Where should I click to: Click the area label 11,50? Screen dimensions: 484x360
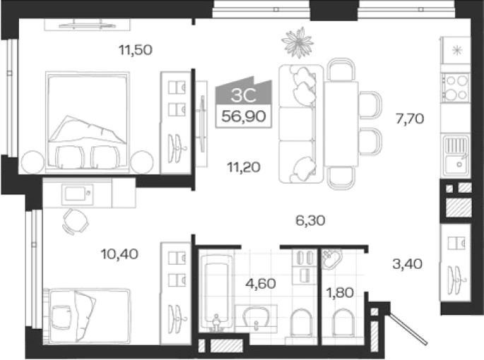[x=136, y=50]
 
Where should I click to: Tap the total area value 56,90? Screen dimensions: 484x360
[x=244, y=116]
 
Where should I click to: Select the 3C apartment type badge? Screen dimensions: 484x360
[x=244, y=95]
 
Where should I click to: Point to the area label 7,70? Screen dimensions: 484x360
[x=410, y=119]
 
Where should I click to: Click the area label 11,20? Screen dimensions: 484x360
[x=244, y=167]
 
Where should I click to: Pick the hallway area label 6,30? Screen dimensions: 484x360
[x=310, y=220]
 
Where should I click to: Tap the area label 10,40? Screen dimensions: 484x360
[x=119, y=254]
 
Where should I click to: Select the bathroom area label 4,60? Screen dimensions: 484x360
[x=261, y=284]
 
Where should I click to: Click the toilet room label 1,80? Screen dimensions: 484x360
[x=340, y=292]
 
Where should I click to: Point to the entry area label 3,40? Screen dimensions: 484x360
[x=407, y=264]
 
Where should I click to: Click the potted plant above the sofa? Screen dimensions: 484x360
[x=297, y=42]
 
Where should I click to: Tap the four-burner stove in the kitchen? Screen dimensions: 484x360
[x=456, y=88]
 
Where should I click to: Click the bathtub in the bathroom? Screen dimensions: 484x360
[x=216, y=292]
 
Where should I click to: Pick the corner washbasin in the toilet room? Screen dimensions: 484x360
[x=332, y=259]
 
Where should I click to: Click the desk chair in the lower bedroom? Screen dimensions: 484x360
[x=75, y=221]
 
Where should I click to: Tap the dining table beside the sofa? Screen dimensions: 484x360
[x=341, y=124]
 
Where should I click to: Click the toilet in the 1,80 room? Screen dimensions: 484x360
[x=343, y=323]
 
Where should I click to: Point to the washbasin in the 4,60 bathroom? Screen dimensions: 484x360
[x=256, y=317]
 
